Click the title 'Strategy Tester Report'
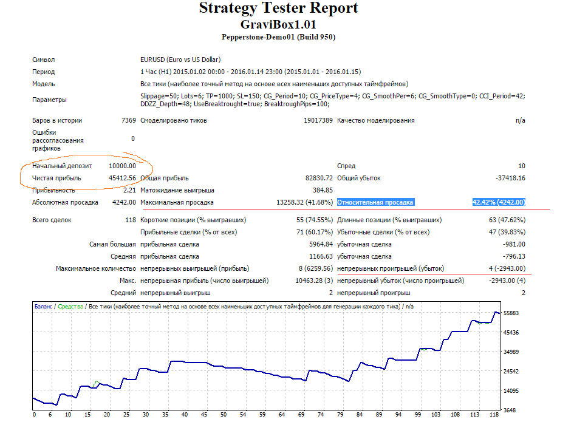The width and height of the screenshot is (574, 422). pos(279,8)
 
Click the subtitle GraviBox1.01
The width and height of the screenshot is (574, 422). pos(278,24)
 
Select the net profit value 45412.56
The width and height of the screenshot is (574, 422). pos(122,179)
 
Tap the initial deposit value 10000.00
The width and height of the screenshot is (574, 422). pos(122,166)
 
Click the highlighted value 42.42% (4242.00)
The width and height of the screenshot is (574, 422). pos(499,202)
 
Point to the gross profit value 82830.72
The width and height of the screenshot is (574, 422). pos(319,179)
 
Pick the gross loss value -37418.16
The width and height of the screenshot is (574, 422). pos(511,179)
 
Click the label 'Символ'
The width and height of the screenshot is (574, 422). pos(44,60)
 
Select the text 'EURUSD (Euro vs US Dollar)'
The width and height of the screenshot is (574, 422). pos(180,60)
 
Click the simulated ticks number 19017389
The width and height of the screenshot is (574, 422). pos(318,120)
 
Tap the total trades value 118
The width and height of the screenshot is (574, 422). pos(131,220)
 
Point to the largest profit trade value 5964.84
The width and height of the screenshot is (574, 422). pos(321,244)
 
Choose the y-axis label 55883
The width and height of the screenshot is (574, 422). pos(511,313)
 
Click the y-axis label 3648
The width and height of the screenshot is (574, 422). pos(510,410)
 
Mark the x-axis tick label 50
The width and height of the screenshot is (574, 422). pos(224,415)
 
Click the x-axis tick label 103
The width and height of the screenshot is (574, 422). pos(436,415)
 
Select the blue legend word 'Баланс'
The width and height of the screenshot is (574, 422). pos(43,307)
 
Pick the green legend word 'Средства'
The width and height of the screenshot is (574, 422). pos(70,307)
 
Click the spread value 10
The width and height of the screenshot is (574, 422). pos(522,166)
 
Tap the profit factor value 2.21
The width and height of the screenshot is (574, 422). pos(129,190)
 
